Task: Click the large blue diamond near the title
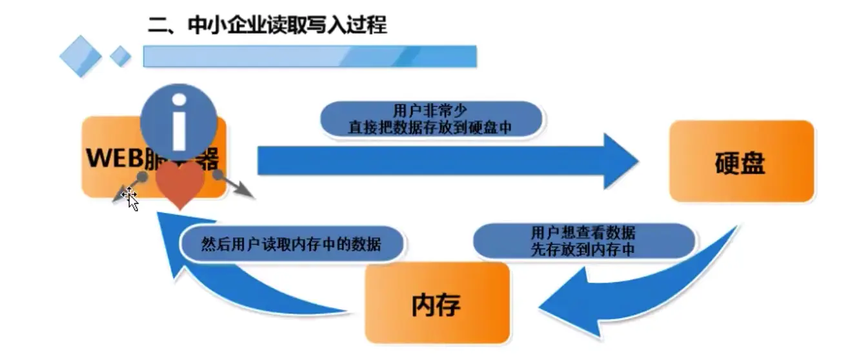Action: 80,56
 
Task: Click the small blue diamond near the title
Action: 120,56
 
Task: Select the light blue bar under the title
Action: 309,56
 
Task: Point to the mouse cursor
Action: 130,198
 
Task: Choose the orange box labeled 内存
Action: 437,303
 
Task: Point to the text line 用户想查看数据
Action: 583,233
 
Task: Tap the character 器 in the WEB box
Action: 208,159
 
